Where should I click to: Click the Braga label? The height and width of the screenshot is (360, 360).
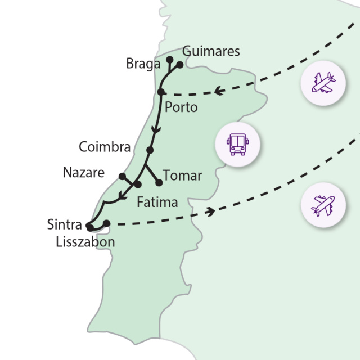pos(143,64)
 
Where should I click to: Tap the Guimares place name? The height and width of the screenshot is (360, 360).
pos(211,52)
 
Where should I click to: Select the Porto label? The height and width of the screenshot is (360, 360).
pos(181,107)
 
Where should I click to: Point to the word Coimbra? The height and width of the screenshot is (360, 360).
pos(105,147)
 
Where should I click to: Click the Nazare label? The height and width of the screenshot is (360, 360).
pos(83,173)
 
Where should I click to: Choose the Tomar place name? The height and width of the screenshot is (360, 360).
pos(182,175)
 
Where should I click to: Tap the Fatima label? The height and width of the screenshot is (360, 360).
pos(157,202)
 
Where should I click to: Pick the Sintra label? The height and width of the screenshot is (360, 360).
pos(64,225)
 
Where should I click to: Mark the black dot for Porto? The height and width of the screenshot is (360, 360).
pos(161,92)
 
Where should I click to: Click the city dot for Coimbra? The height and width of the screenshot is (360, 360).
pos(150,150)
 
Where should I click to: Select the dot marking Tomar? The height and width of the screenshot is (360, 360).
pos(159,182)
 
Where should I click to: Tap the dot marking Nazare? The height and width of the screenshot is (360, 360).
pos(122,176)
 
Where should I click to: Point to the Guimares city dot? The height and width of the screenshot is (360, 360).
pos(180,65)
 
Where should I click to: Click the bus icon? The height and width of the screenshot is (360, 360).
pos(237,144)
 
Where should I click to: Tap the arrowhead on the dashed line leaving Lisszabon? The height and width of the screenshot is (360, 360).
pos(212,211)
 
